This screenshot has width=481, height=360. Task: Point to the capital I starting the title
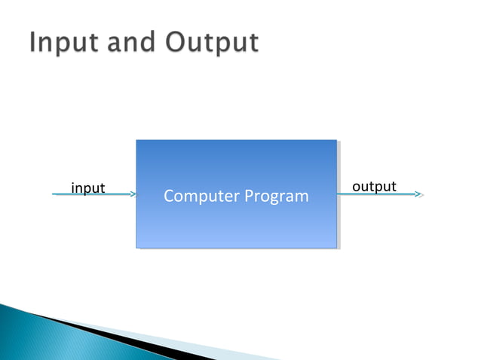(35, 43)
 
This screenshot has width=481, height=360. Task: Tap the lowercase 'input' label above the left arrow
(87, 188)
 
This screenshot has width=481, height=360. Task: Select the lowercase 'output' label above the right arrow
(374, 186)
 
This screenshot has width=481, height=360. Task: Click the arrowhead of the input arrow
(133, 194)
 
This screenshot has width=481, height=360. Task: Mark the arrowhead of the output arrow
(419, 194)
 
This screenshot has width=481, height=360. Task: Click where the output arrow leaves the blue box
(339, 194)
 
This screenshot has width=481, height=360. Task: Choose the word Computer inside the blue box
(201, 197)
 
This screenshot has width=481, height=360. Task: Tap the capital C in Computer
(169, 197)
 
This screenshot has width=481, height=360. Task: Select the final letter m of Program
(302, 198)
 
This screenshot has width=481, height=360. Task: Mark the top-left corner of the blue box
(136, 140)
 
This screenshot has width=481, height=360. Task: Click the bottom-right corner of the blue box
(336, 247)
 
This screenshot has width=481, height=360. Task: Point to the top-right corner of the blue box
(336, 140)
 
